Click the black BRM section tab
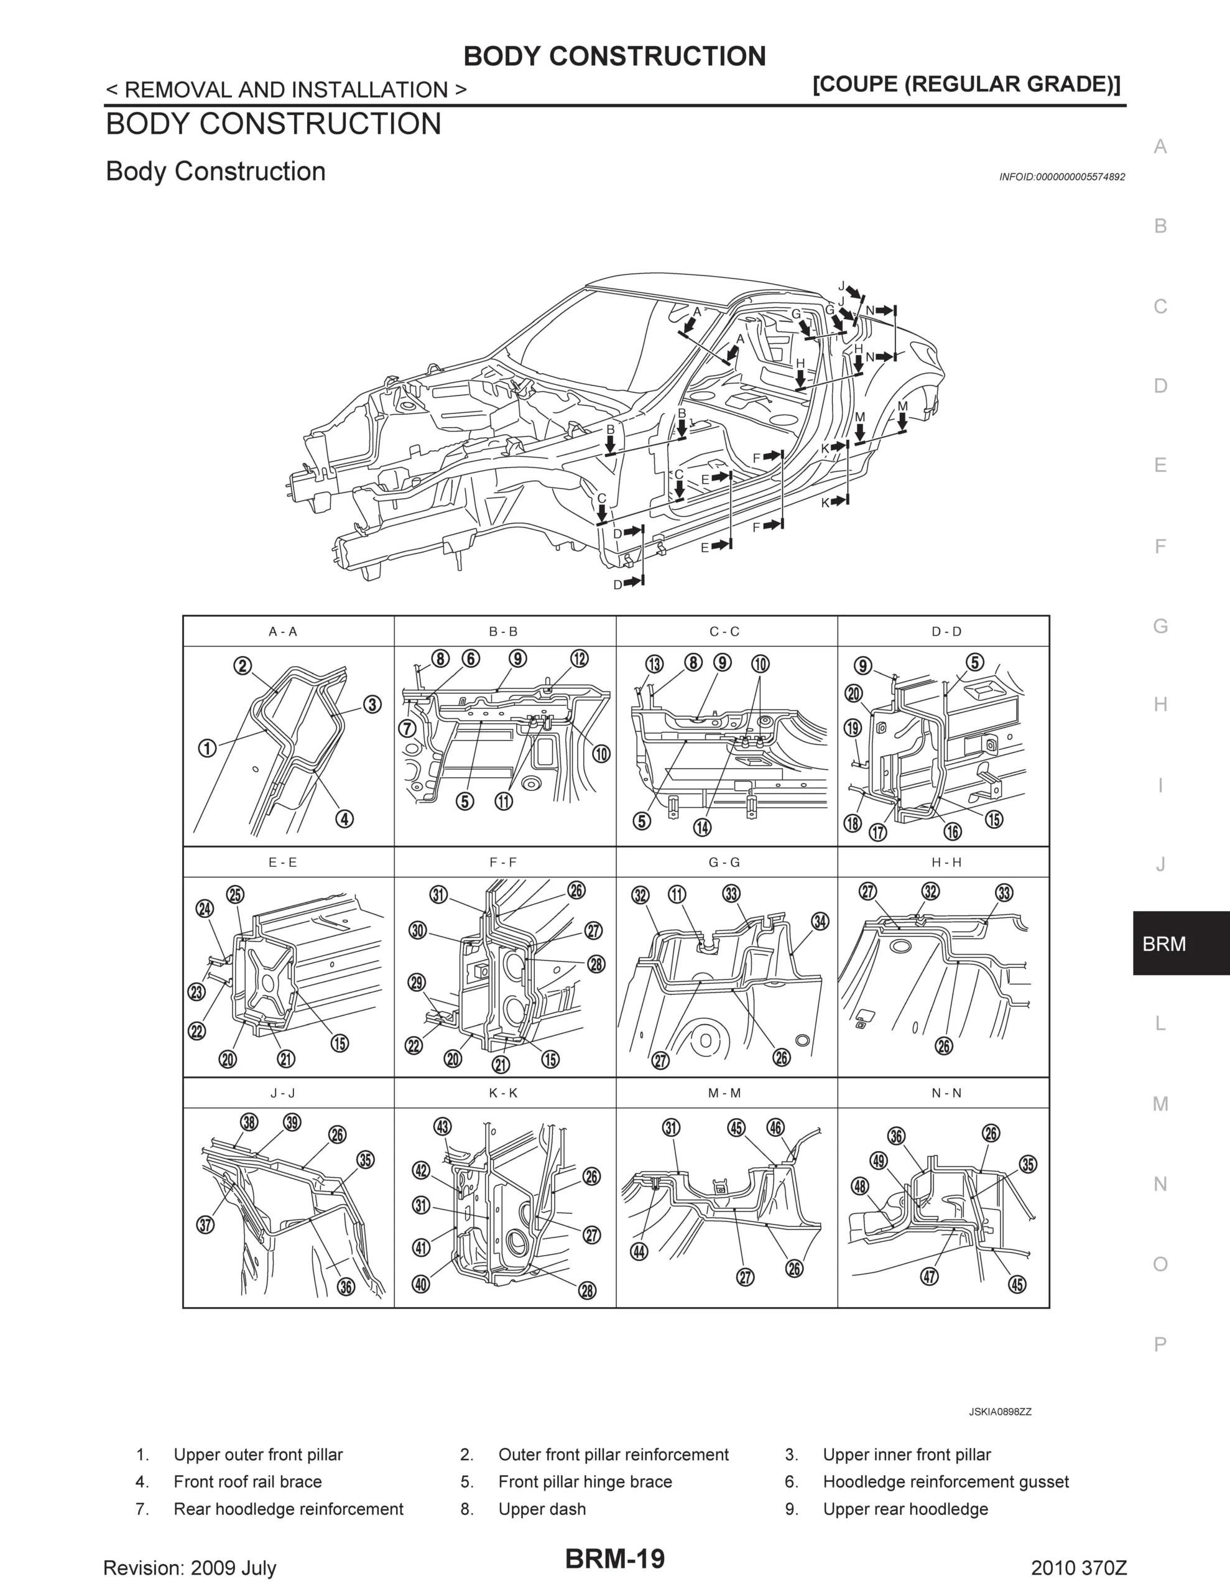[x=1180, y=944]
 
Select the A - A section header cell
[x=283, y=632]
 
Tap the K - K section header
[x=503, y=1093]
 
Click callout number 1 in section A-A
[x=208, y=749]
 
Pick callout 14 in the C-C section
[x=702, y=827]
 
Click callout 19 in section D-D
[x=853, y=728]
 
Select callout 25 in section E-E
[x=236, y=895]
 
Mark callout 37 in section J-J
[x=206, y=1224]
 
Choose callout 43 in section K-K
[x=442, y=1126]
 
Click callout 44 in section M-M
[x=639, y=1252]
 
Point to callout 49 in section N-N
[x=879, y=1160]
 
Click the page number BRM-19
[x=614, y=1558]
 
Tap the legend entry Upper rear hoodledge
[x=905, y=1509]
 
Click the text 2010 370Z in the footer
[x=1078, y=1567]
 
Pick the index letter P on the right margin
[x=1160, y=1343]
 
